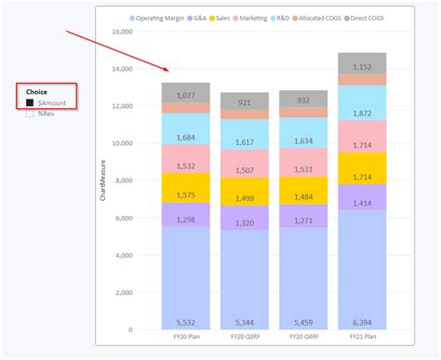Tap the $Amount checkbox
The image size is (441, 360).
(30, 102)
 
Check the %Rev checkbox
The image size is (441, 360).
(30, 113)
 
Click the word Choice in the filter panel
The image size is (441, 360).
(36, 92)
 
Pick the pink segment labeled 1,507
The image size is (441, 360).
(244, 170)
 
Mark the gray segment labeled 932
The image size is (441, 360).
(302, 100)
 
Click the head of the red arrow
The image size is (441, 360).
(168, 71)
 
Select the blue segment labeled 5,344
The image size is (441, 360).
(244, 279)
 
